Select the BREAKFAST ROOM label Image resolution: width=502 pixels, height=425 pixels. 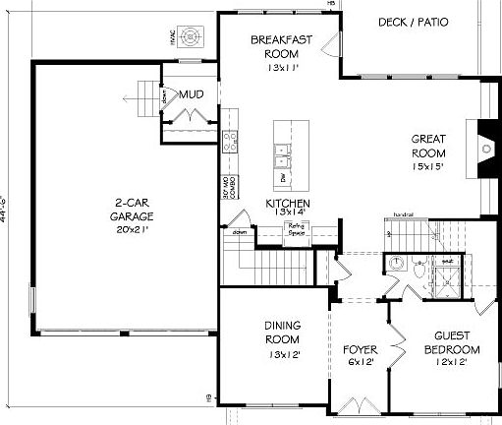282,46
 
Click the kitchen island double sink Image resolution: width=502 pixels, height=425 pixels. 281,154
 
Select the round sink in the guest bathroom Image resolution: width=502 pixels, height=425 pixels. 395,263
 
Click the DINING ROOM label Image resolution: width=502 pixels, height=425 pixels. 282,333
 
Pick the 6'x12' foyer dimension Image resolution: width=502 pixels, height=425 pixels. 360,363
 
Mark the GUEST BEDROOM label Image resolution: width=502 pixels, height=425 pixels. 452,343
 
